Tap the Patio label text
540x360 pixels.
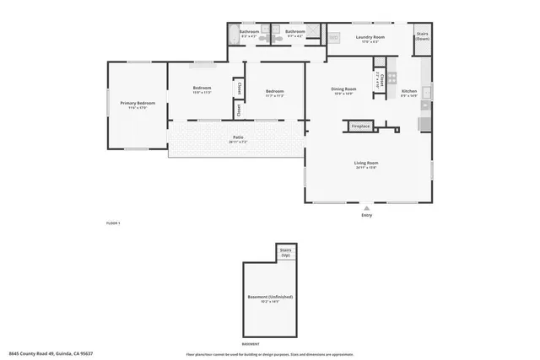click(x=239, y=139)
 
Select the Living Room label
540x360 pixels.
click(x=365, y=164)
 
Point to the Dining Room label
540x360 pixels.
click(x=343, y=90)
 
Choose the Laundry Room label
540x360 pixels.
click(x=370, y=38)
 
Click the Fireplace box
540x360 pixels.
click(x=360, y=126)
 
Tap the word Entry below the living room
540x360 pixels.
click(x=366, y=216)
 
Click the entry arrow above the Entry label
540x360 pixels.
click(x=366, y=207)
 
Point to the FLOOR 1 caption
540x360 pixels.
click(x=113, y=223)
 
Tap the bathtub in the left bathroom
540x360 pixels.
click(x=234, y=35)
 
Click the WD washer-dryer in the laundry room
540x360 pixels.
click(x=333, y=38)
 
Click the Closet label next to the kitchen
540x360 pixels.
click(x=381, y=81)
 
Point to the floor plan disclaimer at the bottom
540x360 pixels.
click(x=269, y=353)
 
